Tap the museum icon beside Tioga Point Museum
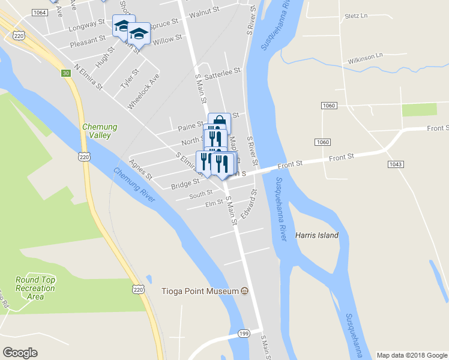pos(244,292)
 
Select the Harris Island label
pos(317,235)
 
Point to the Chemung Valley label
pos(100,131)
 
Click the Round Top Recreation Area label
pos(35,288)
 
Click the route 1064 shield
pos(40,13)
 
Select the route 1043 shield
pos(396,164)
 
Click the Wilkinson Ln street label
pos(365,58)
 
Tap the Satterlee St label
pos(222,71)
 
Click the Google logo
pos(20,353)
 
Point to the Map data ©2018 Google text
pos(411,355)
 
